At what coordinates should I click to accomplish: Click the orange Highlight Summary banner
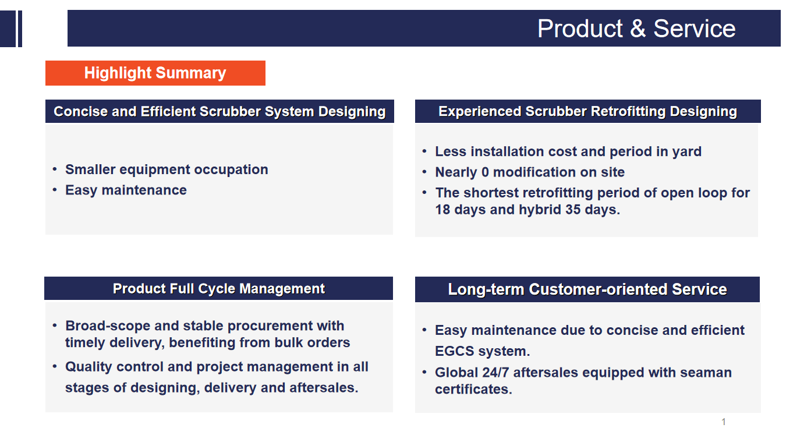point(155,73)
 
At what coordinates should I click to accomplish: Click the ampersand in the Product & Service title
point(638,29)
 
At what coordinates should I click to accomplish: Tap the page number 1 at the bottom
point(724,422)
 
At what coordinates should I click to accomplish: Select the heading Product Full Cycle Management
point(218,289)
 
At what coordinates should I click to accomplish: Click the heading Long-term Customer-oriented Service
point(587,289)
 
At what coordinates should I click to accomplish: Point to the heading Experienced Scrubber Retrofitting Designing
point(587,111)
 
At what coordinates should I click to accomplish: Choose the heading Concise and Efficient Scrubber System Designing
point(219,111)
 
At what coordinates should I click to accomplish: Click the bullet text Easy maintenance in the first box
point(126,190)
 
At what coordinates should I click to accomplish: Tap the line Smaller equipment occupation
point(167,169)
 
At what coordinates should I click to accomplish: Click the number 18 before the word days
point(442,210)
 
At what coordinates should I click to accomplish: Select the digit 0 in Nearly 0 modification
point(486,172)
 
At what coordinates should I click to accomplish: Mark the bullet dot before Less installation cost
point(424,151)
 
